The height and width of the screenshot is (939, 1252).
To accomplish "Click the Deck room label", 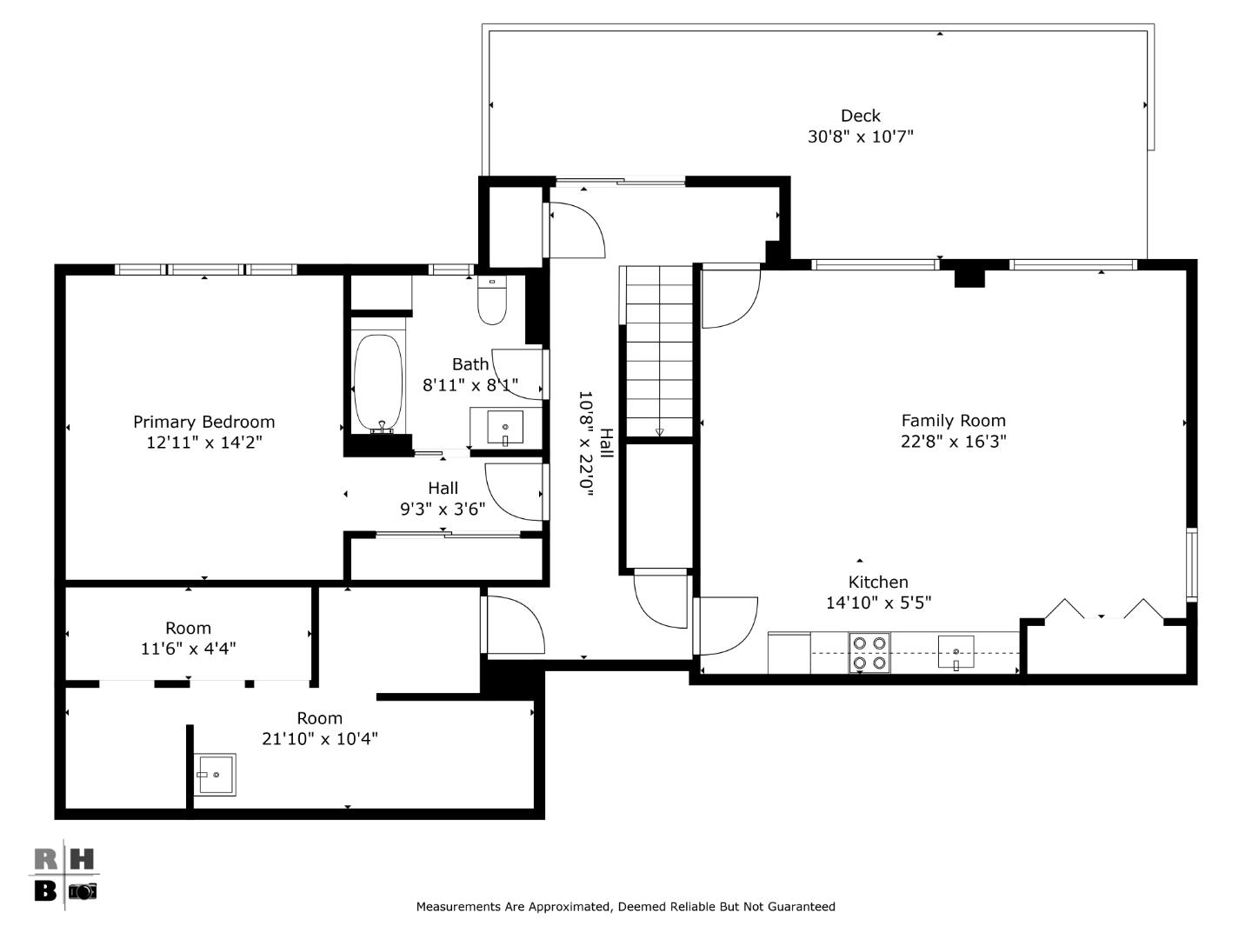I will [860, 116].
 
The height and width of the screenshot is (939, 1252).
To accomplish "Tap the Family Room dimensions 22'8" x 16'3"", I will [953, 442].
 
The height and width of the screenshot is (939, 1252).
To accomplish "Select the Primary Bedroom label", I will [203, 422].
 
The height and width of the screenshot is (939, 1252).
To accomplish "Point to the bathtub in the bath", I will [378, 383].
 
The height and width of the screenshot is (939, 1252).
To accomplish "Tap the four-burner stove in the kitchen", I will [869, 653].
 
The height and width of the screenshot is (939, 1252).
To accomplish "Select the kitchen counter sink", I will [956, 652].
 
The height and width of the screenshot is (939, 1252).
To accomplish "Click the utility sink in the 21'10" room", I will [214, 774].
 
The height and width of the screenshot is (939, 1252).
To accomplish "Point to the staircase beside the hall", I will [659, 352].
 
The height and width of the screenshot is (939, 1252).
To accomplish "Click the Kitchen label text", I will [878, 583].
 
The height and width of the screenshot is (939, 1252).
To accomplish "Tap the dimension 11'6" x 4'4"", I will [188, 649].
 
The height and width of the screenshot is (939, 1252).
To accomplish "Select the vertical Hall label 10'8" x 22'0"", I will [596, 443].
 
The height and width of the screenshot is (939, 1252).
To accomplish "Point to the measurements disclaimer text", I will [625, 907].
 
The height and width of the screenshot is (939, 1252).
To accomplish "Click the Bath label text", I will [469, 364].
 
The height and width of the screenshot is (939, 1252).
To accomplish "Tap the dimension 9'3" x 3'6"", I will [443, 509].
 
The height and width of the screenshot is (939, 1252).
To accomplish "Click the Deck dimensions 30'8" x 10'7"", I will [860, 137].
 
